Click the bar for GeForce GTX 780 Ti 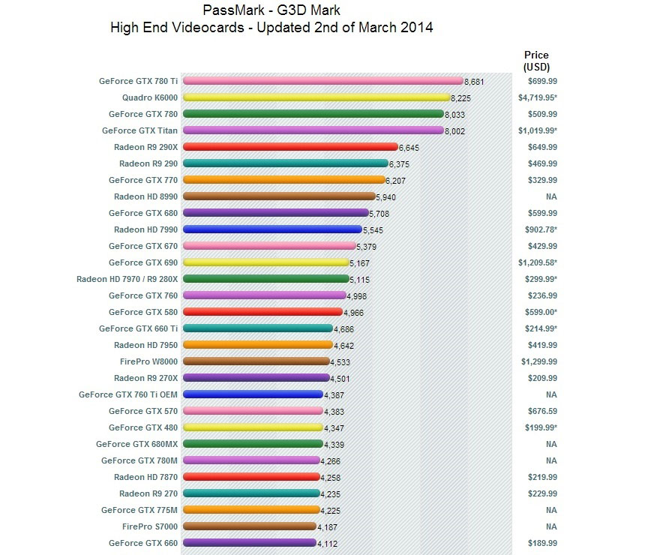click(322, 81)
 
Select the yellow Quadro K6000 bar click(316, 97)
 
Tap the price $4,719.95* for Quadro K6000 click(536, 97)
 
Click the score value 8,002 click(454, 130)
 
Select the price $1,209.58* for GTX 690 click(536, 262)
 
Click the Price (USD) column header click(536, 61)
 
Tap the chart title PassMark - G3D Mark click(271, 11)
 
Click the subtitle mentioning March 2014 click(271, 28)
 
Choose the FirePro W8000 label click(148, 361)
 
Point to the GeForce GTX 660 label click(143, 543)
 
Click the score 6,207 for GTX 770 click(395, 181)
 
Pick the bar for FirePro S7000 click(248, 526)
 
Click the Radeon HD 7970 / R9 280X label click(127, 279)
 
